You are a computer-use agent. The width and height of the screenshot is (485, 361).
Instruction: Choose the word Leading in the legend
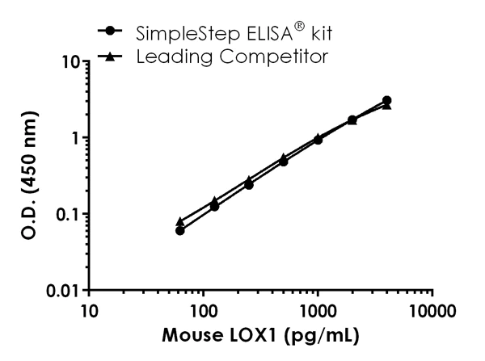(x=168, y=57)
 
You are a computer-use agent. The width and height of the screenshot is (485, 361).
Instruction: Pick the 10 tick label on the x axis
(x=89, y=311)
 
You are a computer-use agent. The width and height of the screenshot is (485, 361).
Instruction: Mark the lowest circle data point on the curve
(x=180, y=230)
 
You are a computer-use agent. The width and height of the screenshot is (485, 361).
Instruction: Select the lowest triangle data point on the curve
(x=180, y=220)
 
